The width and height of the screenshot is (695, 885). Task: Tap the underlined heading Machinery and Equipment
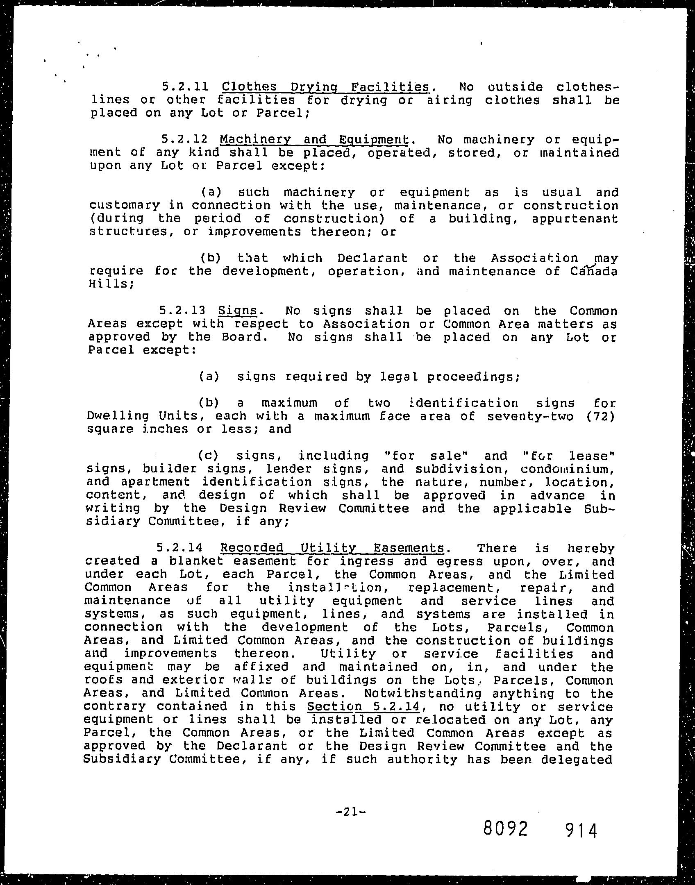(314, 140)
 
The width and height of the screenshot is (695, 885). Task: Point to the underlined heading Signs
(237, 311)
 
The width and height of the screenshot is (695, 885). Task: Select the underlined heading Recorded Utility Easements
(332, 548)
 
